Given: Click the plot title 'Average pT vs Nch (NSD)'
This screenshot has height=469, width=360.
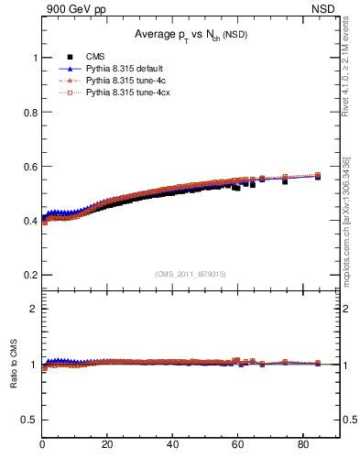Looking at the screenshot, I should [191, 35].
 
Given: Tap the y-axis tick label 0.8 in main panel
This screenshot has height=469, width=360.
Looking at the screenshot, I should [29, 112].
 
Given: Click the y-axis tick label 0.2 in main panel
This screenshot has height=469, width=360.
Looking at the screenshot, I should [29, 275].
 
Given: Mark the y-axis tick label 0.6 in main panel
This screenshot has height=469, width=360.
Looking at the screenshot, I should [29, 166].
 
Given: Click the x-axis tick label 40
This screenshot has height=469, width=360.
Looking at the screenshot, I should [172, 446].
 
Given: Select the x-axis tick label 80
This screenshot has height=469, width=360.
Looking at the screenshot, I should [302, 446].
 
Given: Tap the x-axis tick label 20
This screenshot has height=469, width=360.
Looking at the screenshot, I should [107, 446].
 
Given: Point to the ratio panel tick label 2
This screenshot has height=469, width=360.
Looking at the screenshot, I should [34, 309].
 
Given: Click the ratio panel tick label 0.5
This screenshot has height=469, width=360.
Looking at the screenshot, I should [29, 419].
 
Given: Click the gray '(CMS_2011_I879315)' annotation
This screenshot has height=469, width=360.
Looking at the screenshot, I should [191, 273].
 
